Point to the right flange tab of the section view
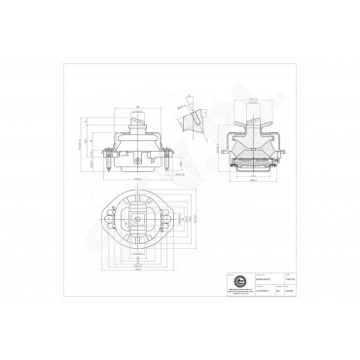(x=282, y=152)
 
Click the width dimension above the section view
(x=256, y=98)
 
